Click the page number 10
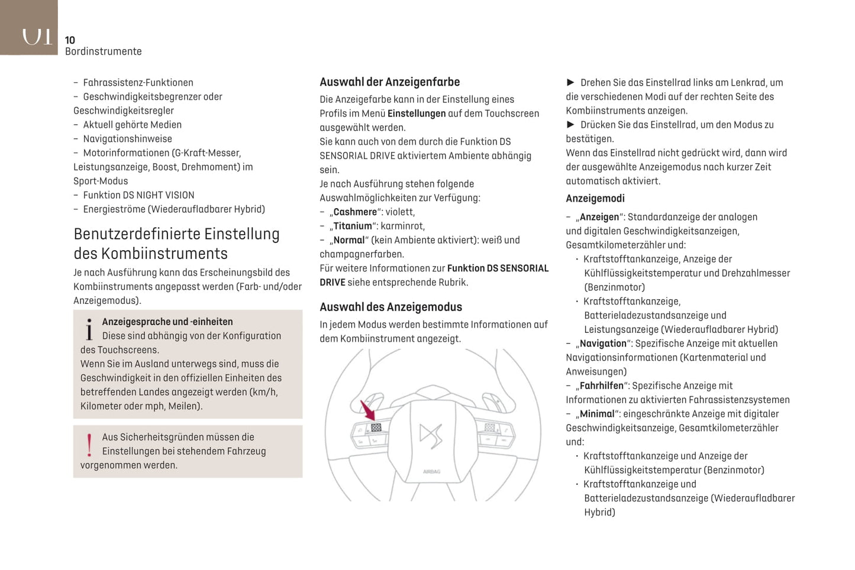(70, 40)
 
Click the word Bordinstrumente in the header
(104, 51)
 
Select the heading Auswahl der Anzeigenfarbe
(389, 82)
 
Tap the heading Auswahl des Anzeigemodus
(391, 307)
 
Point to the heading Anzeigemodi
(595, 199)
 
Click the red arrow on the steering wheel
(368, 410)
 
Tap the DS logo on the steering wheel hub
(431, 436)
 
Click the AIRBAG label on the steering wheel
(431, 472)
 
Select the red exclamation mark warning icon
(89, 445)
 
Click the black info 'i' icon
(89, 330)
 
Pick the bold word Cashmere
(355, 212)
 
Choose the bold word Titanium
(353, 226)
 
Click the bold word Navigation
(603, 344)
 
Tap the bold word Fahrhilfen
(601, 386)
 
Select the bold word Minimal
(597, 414)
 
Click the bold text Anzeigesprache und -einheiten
(167, 322)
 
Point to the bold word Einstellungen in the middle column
(417, 114)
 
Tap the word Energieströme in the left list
(114, 209)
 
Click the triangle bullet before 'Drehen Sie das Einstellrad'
(570, 83)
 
